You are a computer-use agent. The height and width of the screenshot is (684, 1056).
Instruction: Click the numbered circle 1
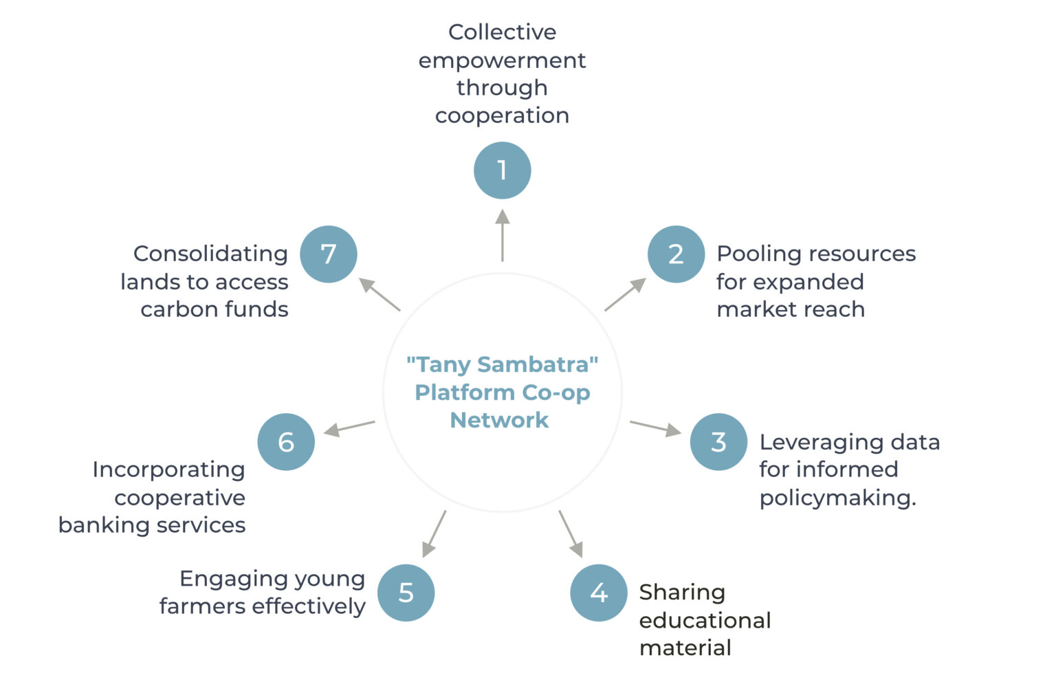[502, 170]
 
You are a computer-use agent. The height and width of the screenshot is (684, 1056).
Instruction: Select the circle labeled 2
[676, 254]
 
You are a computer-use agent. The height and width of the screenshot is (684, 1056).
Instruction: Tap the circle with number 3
[718, 441]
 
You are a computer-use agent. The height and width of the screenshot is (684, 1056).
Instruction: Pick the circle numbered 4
[598, 593]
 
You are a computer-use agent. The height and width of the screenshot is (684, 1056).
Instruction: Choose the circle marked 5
[406, 593]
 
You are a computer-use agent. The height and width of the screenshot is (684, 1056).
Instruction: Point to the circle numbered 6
[286, 441]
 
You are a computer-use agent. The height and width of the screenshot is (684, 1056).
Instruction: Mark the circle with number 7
[329, 254]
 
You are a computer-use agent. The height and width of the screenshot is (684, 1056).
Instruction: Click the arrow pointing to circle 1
[503, 235]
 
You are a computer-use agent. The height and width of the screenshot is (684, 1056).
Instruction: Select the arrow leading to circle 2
[625, 294]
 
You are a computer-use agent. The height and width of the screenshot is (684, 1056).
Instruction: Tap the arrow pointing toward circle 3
[655, 428]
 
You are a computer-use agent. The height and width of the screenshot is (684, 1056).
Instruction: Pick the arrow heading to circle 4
[571, 533]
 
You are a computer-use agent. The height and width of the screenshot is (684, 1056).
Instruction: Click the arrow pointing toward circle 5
[434, 533]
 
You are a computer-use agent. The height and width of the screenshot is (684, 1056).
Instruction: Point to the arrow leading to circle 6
[349, 428]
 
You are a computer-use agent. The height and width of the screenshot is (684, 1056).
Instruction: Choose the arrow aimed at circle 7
[379, 294]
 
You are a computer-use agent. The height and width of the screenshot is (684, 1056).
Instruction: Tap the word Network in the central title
[499, 420]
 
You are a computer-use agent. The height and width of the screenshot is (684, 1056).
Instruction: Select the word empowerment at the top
[502, 60]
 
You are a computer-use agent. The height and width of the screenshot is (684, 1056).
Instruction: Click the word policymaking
[837, 498]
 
